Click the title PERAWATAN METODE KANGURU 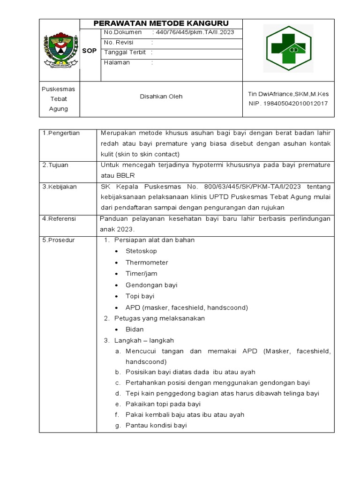tap(161, 23)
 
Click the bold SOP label tap(90, 51)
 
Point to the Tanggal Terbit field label tap(125, 52)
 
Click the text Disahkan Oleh tap(161, 97)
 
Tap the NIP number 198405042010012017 tap(288, 103)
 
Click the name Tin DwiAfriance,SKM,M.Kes tap(288, 94)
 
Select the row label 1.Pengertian tap(61, 133)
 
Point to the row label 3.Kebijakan tap(59, 187)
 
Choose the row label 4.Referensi tap(59, 218)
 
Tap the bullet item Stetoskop tap(141, 251)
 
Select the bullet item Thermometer tap(147, 262)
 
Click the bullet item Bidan tap(135, 330)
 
